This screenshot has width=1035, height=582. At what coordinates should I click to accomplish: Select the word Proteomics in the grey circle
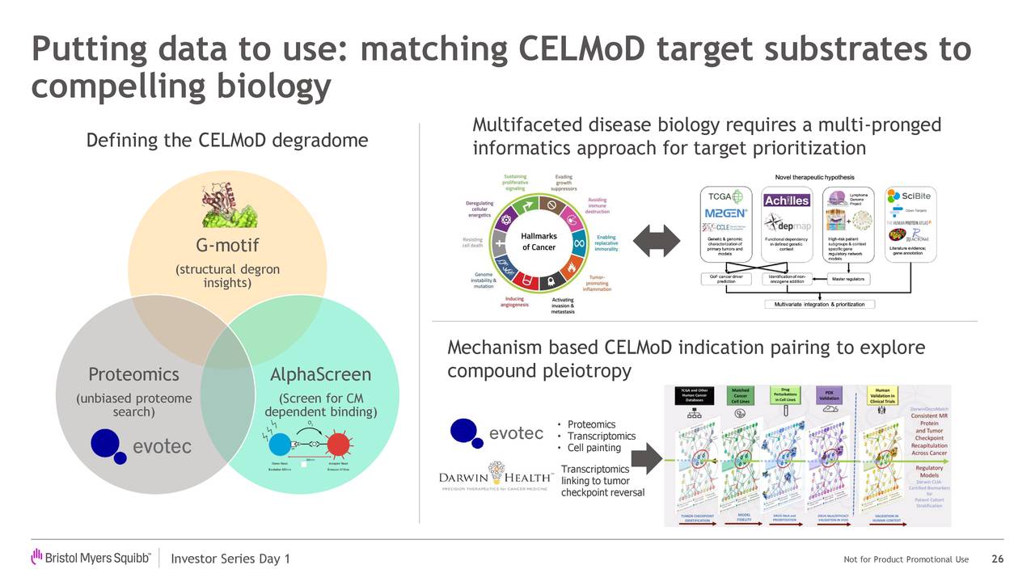pos(133,374)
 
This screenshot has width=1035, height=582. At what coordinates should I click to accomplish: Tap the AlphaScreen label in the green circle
pos(320,374)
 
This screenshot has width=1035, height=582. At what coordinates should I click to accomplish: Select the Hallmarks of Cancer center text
pos(539,242)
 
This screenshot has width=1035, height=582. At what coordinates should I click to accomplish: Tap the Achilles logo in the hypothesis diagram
pos(787,200)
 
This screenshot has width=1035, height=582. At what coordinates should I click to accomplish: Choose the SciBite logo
pos(910,196)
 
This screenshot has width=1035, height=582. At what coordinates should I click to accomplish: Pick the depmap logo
pos(787,223)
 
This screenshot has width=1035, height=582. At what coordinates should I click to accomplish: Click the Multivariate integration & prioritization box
pos(819,304)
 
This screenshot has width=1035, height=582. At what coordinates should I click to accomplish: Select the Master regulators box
pos(847,279)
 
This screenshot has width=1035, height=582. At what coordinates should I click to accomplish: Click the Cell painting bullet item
pos(594,448)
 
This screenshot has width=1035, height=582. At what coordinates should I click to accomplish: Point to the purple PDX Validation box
pos(829,394)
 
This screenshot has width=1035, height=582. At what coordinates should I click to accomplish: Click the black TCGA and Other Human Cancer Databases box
pos(695,394)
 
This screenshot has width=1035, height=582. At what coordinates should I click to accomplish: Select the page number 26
pos(997,559)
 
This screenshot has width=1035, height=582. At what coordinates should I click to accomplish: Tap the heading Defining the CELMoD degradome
pos(226,141)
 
